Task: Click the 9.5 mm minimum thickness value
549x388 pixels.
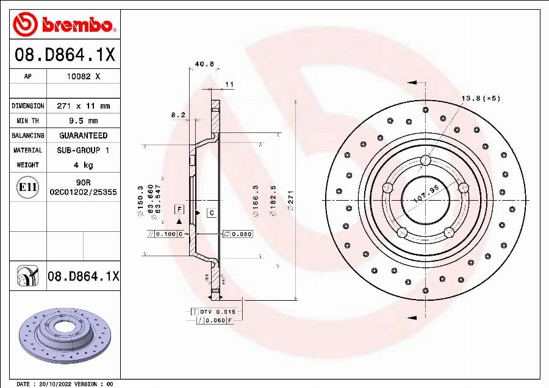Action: point(83,121)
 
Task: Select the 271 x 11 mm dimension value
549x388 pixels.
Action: point(83,106)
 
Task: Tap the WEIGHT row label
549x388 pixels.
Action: point(27,165)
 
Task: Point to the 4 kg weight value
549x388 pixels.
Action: point(83,165)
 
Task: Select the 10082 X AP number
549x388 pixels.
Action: point(83,77)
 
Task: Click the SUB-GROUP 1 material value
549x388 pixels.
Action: point(83,150)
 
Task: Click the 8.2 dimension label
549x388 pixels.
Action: point(178,115)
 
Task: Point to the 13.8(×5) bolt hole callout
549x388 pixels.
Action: point(480,98)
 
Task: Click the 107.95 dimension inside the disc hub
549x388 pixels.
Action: point(426,197)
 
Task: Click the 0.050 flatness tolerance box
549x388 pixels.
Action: point(237,234)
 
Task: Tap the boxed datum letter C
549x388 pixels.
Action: point(211,213)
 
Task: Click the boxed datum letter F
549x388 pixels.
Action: point(179,209)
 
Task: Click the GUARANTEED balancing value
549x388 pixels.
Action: point(83,135)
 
